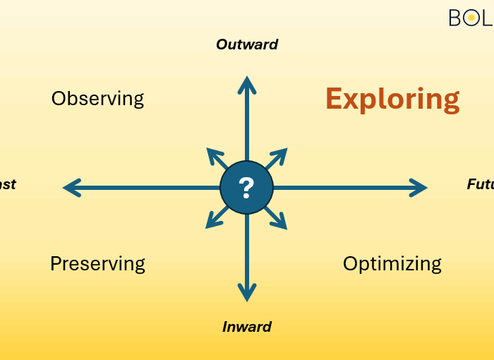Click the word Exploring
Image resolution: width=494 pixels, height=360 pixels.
(x=392, y=99)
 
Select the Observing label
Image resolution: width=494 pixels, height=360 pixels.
(x=97, y=98)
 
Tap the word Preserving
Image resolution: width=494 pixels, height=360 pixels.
(x=97, y=263)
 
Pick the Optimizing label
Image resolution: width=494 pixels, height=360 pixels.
(x=392, y=263)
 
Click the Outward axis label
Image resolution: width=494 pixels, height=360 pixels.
(x=247, y=44)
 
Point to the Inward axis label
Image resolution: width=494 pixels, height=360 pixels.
(x=247, y=327)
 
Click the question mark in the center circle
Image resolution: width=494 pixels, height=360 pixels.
(x=246, y=188)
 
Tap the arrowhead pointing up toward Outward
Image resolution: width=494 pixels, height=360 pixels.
(x=246, y=85)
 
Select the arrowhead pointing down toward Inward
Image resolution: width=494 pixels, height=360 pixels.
(x=246, y=291)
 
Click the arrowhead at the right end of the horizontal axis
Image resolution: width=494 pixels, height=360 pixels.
(x=418, y=188)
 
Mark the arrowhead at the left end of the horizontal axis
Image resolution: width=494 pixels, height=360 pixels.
(x=72, y=188)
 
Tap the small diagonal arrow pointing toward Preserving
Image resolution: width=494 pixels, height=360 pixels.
(x=215, y=220)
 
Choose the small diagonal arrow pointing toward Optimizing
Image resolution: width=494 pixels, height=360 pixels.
(x=278, y=220)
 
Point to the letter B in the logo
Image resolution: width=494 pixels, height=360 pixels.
(x=456, y=18)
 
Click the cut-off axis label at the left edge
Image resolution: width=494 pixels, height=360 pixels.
(x=8, y=185)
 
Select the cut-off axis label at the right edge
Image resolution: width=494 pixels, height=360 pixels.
(x=481, y=184)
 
